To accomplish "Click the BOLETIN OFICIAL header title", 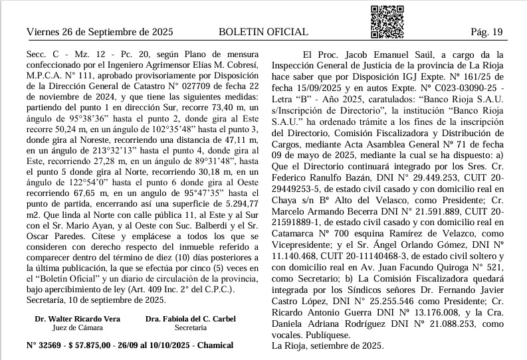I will [x=263, y=32].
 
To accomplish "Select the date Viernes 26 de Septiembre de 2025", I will [x=100, y=32].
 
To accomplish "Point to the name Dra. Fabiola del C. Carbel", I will [x=191, y=319].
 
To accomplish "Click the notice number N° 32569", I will [x=42, y=345].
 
